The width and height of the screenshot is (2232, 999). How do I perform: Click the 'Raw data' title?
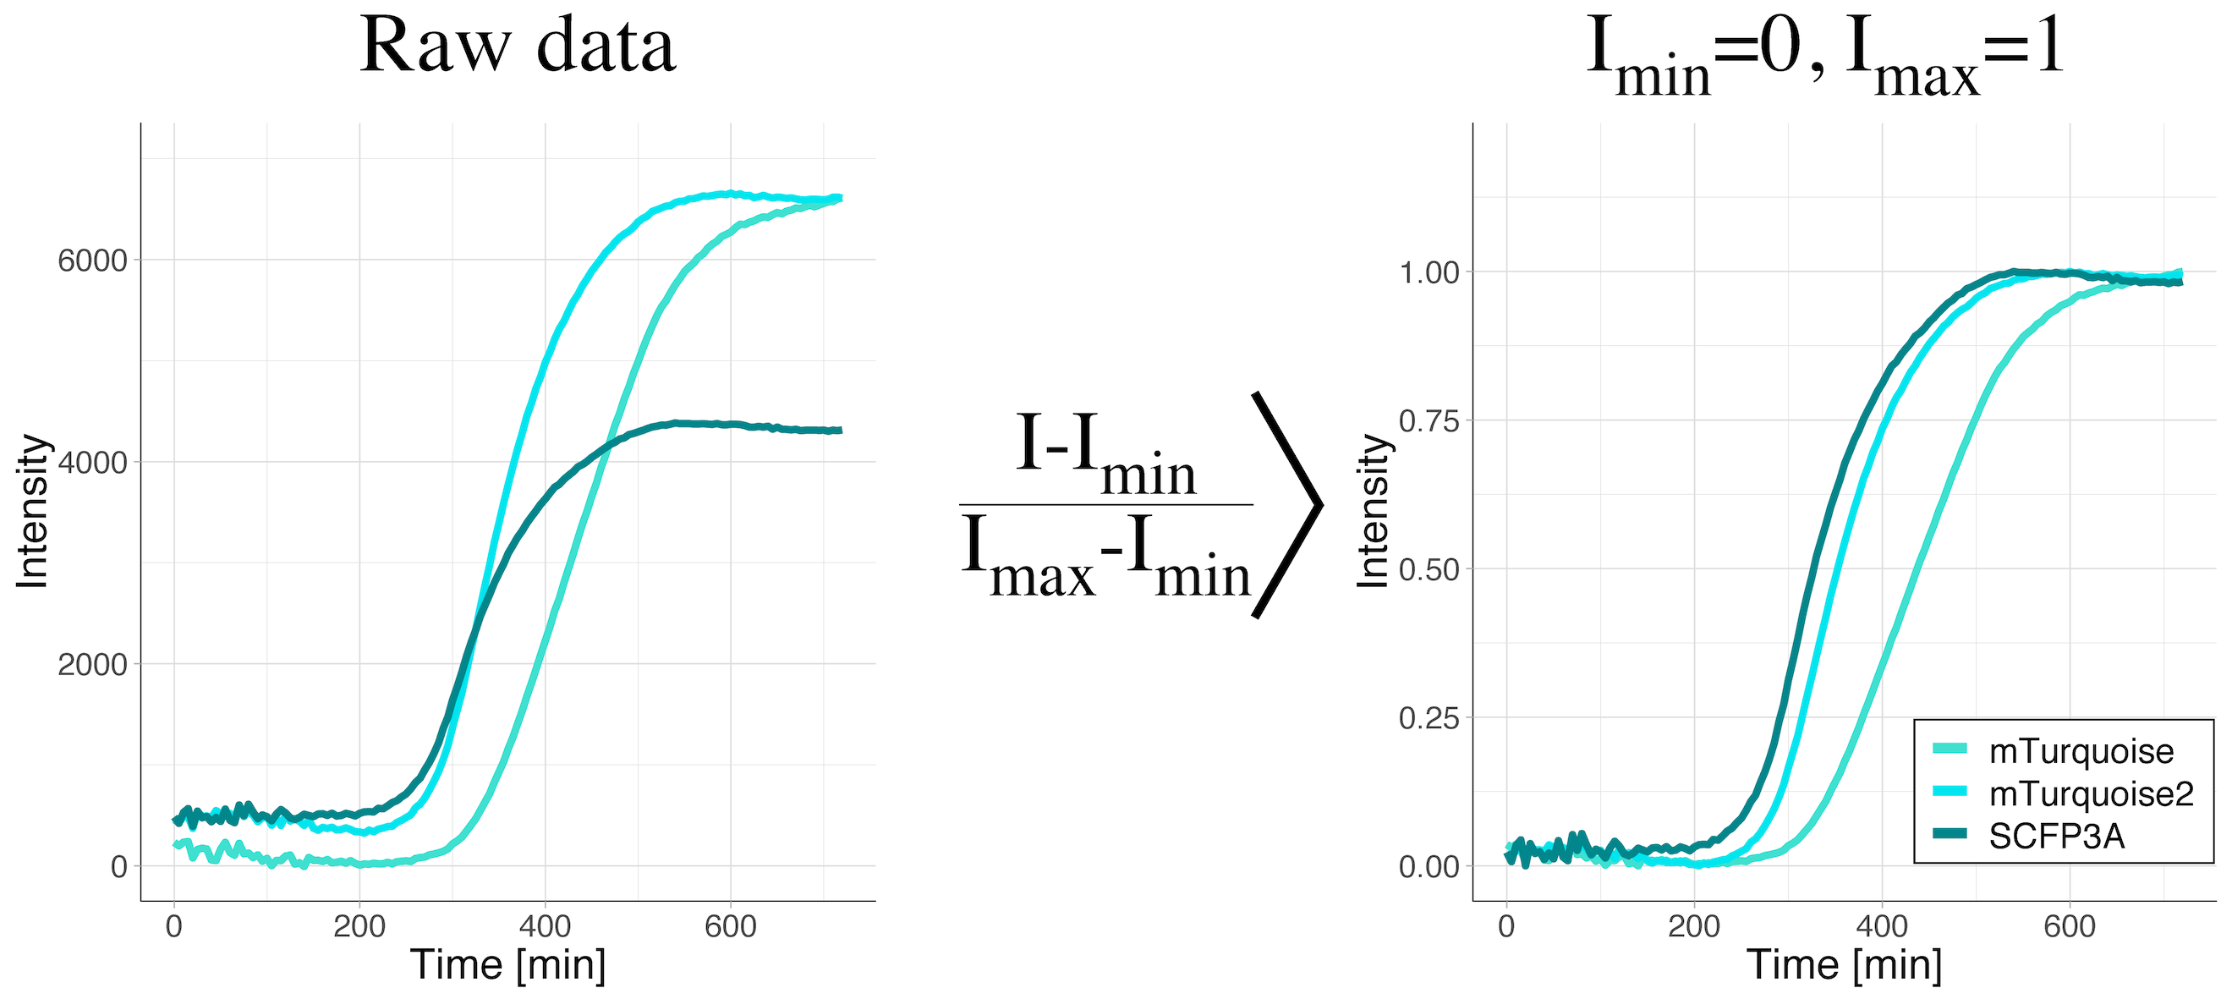pos(518,45)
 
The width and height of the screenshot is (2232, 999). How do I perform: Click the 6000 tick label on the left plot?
pos(92,260)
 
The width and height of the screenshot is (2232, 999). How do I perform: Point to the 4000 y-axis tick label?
pos(92,463)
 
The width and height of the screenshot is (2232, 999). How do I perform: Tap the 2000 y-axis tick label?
pos(92,665)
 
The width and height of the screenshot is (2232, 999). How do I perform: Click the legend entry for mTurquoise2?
pos(2091,793)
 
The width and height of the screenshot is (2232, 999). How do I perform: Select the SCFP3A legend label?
pos(2056,836)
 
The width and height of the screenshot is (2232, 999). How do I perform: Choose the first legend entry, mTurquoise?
pos(2081,751)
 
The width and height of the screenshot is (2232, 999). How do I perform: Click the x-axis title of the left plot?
pos(507,964)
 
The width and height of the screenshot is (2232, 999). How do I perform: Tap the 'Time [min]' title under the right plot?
pos(1844,964)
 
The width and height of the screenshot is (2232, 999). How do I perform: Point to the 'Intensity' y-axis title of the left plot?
pos(32,511)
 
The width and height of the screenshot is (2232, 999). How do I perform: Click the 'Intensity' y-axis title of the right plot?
pos(1373,511)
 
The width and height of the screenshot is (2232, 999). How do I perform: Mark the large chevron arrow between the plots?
pos(1288,504)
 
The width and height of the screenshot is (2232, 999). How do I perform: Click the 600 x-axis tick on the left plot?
pos(731,926)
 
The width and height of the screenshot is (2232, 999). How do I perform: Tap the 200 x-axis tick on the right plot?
pos(1694,926)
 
